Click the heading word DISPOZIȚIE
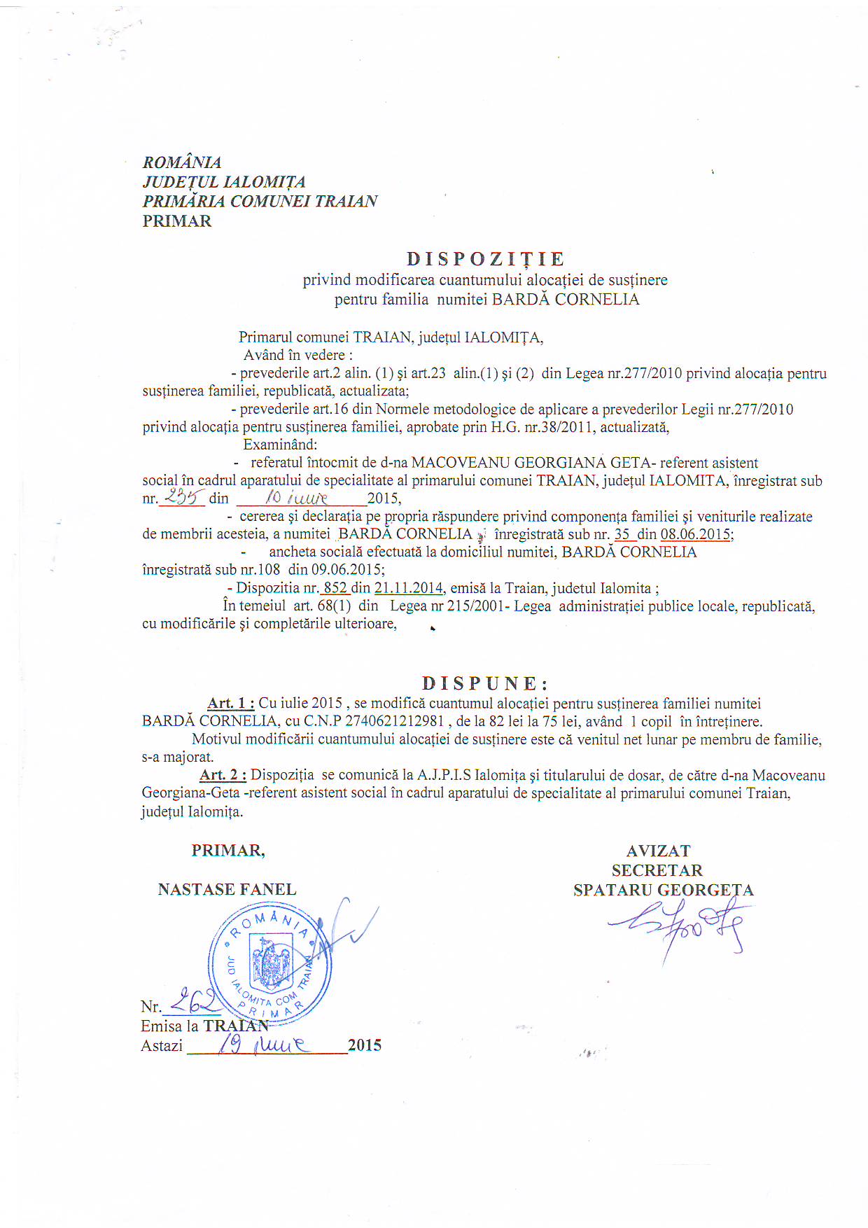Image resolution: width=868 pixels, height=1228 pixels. pos(485,259)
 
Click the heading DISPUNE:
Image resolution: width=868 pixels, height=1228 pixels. pos(484,683)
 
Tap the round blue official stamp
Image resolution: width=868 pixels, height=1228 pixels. pos(271,965)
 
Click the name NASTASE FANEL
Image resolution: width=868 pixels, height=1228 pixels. pos(227,889)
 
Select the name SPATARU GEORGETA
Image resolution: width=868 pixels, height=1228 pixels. pos(663,890)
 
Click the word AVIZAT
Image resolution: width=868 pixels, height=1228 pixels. pos(658,851)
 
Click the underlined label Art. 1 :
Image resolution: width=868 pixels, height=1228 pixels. pos(230,703)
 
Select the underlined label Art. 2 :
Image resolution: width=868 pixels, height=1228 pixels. pos(223,775)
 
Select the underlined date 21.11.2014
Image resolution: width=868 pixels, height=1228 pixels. pos(409,588)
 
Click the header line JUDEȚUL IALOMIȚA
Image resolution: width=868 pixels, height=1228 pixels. pos(224,182)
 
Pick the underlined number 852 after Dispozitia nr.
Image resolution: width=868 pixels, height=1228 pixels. pos(335,588)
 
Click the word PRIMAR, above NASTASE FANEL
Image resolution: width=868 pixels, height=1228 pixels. pos(227,851)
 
